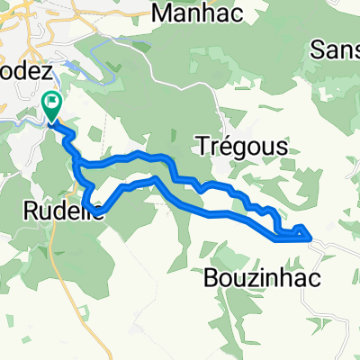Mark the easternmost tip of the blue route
pyautogui.click(x=311, y=237)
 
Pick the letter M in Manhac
pyautogui.click(x=163, y=13)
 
